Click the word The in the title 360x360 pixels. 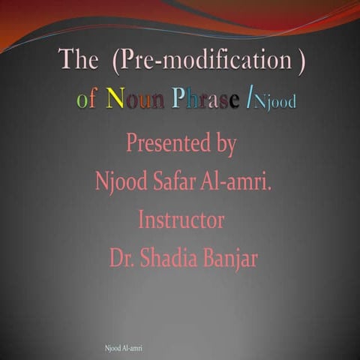78,62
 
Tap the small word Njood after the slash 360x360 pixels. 275,101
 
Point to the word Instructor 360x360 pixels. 181,220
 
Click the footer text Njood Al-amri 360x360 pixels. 124,349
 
